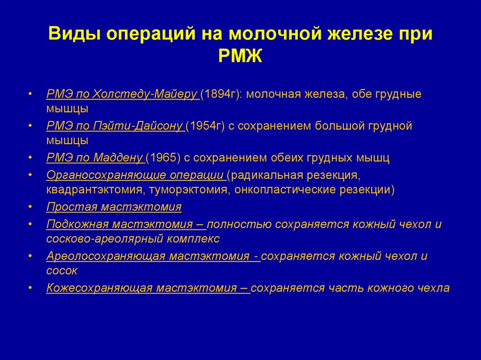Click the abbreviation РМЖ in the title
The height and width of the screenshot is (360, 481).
[240, 57]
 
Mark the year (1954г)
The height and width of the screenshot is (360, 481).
[206, 126]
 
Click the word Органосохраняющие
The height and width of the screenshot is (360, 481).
[94, 175]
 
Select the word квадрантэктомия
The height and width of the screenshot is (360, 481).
[88, 190]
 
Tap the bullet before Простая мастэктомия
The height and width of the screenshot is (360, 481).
[31, 207]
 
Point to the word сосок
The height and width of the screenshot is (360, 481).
[62, 271]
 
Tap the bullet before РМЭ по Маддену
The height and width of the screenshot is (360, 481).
[31, 158]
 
